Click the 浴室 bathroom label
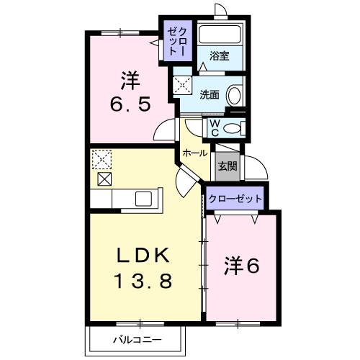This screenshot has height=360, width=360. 220,55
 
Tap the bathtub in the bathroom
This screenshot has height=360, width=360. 220,34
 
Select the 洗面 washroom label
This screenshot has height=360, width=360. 210,95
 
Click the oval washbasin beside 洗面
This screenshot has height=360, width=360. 234,96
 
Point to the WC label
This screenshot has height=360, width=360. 215,128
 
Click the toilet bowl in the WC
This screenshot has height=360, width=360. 232,128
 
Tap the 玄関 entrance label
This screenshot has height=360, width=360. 228,166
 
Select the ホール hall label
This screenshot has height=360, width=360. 195,153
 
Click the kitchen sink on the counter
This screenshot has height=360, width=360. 143,199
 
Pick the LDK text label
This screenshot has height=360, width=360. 143,255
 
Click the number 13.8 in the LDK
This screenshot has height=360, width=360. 143,281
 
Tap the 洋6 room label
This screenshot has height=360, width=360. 242,266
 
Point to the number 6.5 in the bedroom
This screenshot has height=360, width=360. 130,104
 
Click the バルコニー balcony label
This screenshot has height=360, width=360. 138,340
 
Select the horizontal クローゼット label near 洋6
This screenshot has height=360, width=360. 235,199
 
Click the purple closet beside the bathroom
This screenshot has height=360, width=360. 178,40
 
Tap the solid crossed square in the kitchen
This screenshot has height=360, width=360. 104,179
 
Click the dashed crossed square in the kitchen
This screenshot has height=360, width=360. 102,159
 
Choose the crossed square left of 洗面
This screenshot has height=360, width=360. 182,85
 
